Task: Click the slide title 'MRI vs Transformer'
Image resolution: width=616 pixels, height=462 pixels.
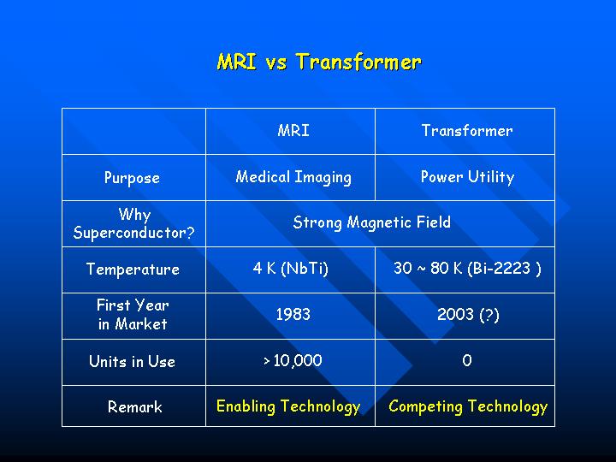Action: (x=319, y=62)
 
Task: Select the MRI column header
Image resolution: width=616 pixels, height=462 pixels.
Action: (x=293, y=130)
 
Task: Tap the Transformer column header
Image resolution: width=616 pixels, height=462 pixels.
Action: (x=467, y=130)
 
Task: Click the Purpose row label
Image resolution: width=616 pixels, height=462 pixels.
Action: (x=132, y=178)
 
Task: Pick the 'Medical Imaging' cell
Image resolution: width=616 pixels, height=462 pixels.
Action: (x=293, y=177)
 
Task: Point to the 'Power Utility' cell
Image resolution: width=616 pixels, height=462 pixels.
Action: (x=467, y=177)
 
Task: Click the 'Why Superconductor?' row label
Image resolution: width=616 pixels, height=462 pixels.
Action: (x=134, y=223)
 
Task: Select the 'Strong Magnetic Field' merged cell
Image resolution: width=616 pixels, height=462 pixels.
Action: (x=371, y=222)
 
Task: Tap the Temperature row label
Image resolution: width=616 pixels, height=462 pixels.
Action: (x=133, y=269)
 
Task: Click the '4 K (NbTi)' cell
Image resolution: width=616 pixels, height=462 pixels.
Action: (x=291, y=269)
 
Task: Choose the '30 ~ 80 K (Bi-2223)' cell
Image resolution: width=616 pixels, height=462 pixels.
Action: (x=467, y=269)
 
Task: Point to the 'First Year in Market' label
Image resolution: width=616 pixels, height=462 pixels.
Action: (x=133, y=315)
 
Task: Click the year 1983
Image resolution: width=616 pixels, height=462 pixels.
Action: (x=293, y=314)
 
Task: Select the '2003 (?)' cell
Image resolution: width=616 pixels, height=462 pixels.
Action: (x=468, y=315)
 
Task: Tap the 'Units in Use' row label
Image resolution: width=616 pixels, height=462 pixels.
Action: (x=132, y=361)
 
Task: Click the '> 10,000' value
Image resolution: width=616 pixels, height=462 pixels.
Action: (x=293, y=361)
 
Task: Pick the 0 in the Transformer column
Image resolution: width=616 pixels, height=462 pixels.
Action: (x=467, y=360)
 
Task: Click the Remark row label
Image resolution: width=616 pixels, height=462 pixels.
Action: (x=135, y=407)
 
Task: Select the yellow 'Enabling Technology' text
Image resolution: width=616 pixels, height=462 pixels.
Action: (x=288, y=406)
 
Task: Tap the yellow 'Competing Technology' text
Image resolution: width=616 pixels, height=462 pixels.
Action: (x=468, y=406)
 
